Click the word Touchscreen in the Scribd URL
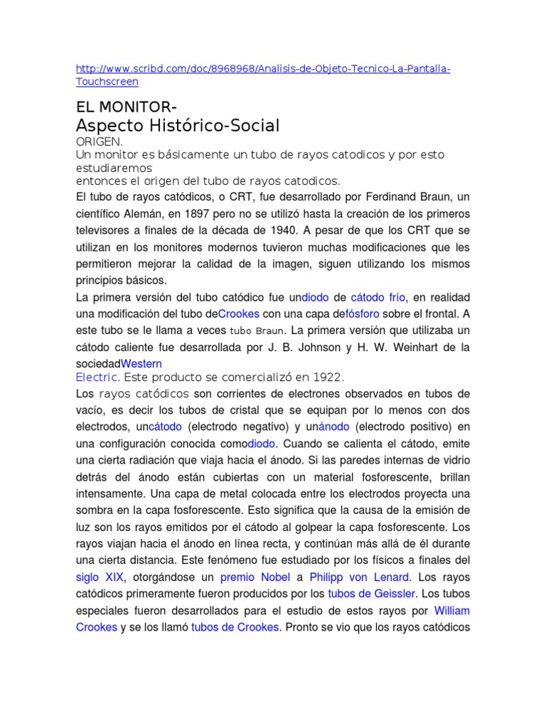106,81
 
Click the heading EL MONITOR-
127,107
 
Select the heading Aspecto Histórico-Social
177,126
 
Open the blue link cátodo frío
378,297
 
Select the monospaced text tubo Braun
257,331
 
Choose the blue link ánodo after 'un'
331,427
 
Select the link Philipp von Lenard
359,577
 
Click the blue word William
451,611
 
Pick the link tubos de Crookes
236,628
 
